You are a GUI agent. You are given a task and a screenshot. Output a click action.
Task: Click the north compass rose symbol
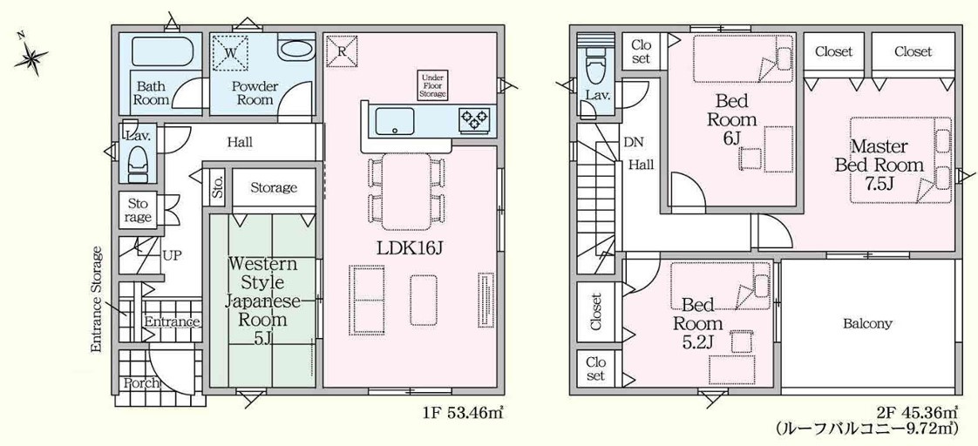[x=32, y=57]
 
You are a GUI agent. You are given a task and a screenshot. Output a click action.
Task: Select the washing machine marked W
[x=231, y=51]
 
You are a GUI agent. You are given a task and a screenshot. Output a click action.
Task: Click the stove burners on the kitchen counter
[x=474, y=118]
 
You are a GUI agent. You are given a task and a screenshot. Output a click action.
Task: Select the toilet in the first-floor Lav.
[x=138, y=161]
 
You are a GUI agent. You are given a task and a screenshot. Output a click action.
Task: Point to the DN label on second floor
[x=633, y=143]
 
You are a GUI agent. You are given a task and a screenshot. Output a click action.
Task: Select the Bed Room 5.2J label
[x=698, y=322]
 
